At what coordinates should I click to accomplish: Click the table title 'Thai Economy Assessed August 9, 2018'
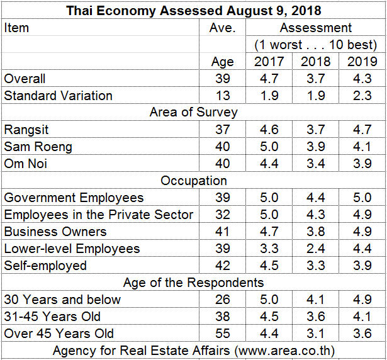click(x=193, y=11)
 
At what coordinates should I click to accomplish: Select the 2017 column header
click(x=269, y=62)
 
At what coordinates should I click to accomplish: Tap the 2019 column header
click(x=362, y=62)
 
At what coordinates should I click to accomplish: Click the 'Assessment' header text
click(x=315, y=28)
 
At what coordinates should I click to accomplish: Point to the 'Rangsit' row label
click(x=26, y=130)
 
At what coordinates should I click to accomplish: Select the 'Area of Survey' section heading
click(x=193, y=113)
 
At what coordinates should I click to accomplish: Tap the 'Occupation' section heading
click(x=193, y=181)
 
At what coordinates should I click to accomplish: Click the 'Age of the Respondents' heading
click(x=193, y=283)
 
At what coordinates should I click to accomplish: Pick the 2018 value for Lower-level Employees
click(x=315, y=249)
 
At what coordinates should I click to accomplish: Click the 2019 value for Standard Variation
click(x=362, y=96)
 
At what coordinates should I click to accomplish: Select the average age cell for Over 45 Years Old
click(x=222, y=334)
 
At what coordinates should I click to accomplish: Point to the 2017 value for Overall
click(x=269, y=79)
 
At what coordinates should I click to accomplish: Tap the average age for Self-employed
click(x=222, y=266)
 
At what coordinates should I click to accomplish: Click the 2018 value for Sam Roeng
click(x=315, y=147)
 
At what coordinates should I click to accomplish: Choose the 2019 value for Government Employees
click(x=362, y=198)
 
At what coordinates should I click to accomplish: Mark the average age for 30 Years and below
click(x=222, y=300)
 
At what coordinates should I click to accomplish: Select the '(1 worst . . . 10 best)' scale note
click(x=315, y=45)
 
